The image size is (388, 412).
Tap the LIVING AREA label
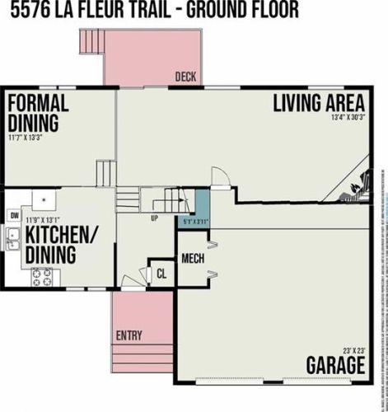(x=319, y=103)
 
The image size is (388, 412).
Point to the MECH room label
(x=193, y=257)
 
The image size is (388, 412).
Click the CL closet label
(x=161, y=274)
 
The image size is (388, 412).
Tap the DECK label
(x=185, y=77)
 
